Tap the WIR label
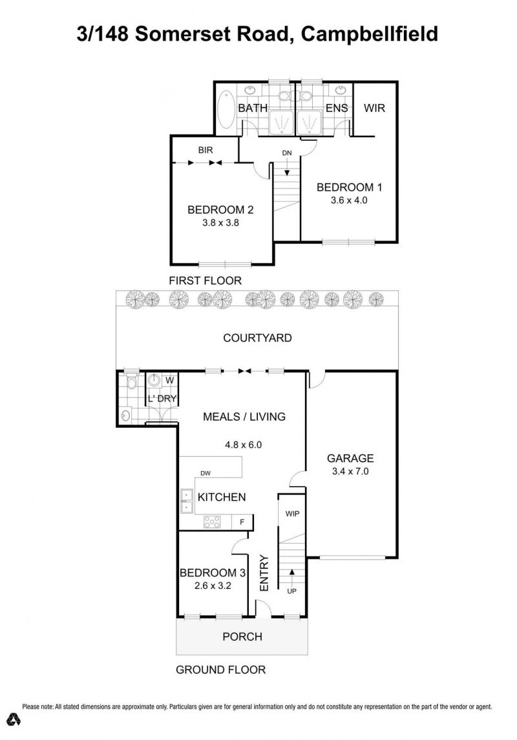[374, 108]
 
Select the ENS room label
[337, 108]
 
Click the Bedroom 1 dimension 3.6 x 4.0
[349, 200]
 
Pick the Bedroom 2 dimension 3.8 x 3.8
[220, 222]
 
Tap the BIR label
[206, 150]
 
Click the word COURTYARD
[257, 338]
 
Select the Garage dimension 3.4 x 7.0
[350, 471]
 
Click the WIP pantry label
[293, 513]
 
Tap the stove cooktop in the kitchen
[212, 522]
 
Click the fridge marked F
[242, 522]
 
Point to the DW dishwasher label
[206, 473]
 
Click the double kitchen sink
[187, 502]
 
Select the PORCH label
[242, 637]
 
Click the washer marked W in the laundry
[170, 380]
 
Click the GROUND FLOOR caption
[220, 670]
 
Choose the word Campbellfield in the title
[370, 34]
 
